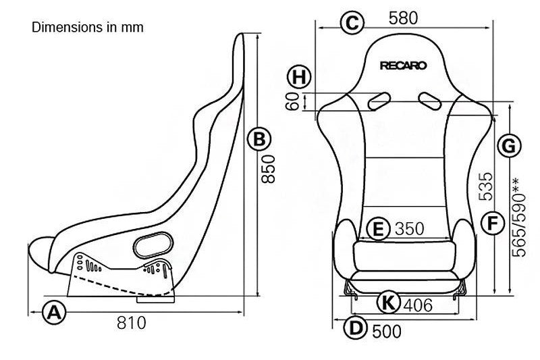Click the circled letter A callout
55,313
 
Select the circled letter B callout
259,140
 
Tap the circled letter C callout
351,22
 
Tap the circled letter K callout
386,303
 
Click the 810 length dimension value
131,323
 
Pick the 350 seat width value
409,229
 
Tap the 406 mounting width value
418,305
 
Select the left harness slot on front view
378,101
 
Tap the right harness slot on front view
429,101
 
